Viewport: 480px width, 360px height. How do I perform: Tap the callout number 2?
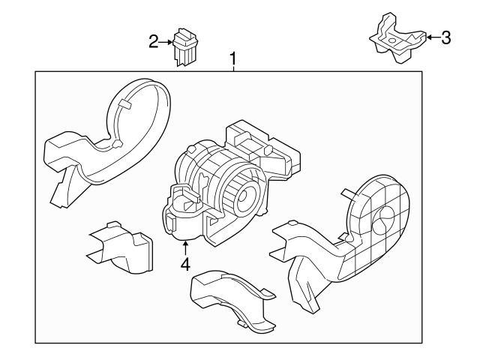(154, 41)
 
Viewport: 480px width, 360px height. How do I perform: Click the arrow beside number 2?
(166, 41)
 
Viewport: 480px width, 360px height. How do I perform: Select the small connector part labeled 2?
(184, 46)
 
